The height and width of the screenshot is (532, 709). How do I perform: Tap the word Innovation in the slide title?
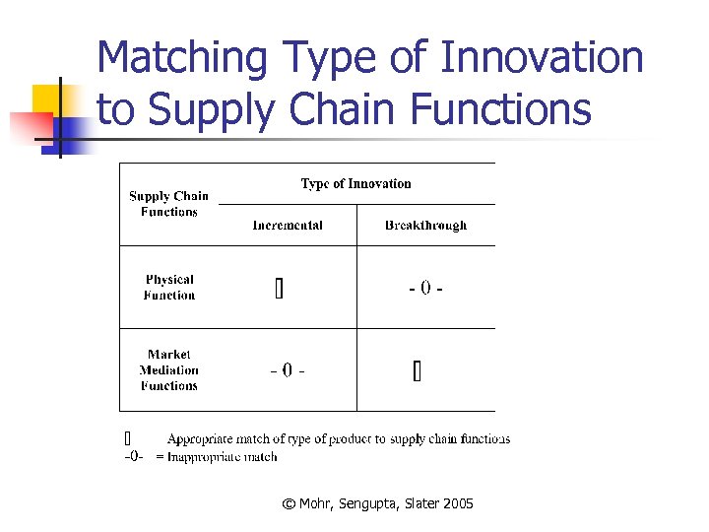[543, 58]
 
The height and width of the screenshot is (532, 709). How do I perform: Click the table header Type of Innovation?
[355, 183]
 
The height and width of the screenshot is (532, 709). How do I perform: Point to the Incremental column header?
[288, 226]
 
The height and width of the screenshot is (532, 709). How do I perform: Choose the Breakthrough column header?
[425, 226]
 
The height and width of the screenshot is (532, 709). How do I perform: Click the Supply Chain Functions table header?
[168, 204]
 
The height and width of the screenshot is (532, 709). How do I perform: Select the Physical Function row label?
[169, 287]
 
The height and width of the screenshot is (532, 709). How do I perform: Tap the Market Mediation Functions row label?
[168, 369]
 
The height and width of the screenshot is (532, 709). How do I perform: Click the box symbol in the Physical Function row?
[279, 289]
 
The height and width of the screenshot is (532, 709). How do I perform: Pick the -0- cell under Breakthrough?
[425, 289]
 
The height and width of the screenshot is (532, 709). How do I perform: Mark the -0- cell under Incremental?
[287, 370]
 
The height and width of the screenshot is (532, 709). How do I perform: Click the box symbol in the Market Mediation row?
[417, 371]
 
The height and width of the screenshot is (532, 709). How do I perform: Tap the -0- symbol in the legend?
[134, 456]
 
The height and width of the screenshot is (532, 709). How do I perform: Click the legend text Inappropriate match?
[222, 456]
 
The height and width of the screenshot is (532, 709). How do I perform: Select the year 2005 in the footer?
[458, 503]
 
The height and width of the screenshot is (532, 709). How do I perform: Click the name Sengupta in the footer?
[371, 503]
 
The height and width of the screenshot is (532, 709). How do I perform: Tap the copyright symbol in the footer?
[288, 503]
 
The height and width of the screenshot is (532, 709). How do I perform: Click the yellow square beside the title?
[47, 99]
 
